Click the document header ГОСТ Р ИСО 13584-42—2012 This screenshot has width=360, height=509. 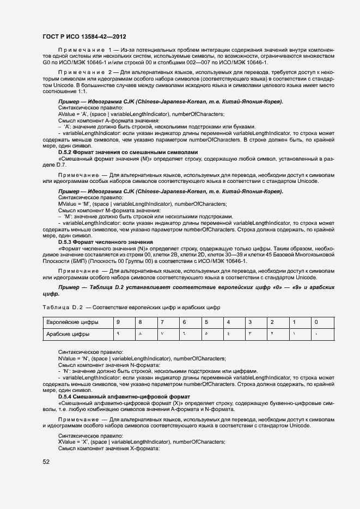click(x=84, y=36)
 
